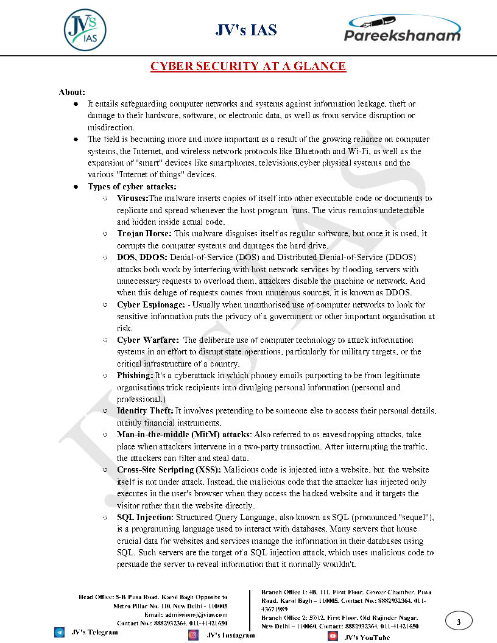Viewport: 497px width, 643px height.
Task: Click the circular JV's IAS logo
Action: click(85, 27)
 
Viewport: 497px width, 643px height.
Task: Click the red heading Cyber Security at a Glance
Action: click(248, 66)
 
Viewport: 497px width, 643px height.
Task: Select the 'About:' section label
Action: click(71, 92)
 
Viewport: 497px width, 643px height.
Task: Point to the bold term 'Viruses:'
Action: click(132, 199)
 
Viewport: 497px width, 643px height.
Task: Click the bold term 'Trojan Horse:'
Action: click(144, 234)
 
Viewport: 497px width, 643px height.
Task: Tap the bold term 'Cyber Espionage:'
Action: click(150, 304)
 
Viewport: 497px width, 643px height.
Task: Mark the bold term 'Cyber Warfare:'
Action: click(148, 340)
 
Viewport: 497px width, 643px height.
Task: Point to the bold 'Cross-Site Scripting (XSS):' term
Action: click(169, 470)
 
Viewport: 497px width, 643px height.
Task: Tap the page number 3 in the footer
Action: click(459, 622)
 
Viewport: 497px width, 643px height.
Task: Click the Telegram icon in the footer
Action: click(59, 633)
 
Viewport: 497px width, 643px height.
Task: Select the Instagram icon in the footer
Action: click(193, 635)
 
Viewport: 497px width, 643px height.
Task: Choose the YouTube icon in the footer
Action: click(333, 636)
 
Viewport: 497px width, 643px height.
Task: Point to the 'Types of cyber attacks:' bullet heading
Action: click(132, 186)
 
